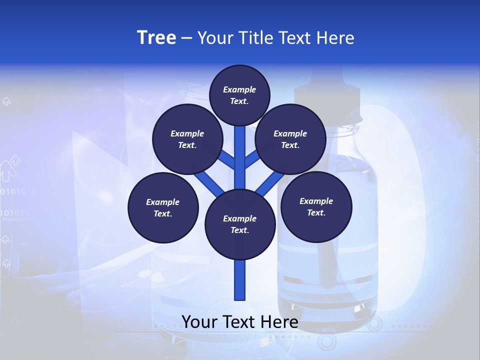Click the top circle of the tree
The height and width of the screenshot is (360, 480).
point(239,95)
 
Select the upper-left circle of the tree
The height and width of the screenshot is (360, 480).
point(187,139)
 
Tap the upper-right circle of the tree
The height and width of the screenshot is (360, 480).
point(290,139)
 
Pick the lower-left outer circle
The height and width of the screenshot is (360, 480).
point(163,207)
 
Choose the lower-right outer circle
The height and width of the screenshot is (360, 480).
point(316,206)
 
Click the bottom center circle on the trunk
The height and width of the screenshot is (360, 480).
point(240,224)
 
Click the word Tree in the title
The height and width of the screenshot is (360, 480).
point(156,38)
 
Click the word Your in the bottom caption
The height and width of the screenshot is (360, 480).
point(199,322)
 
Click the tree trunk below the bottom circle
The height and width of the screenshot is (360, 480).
point(240,280)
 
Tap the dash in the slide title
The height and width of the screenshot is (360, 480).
point(187,38)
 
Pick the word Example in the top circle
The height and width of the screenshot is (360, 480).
point(239,90)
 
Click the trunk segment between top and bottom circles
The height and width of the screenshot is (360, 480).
point(240,160)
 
